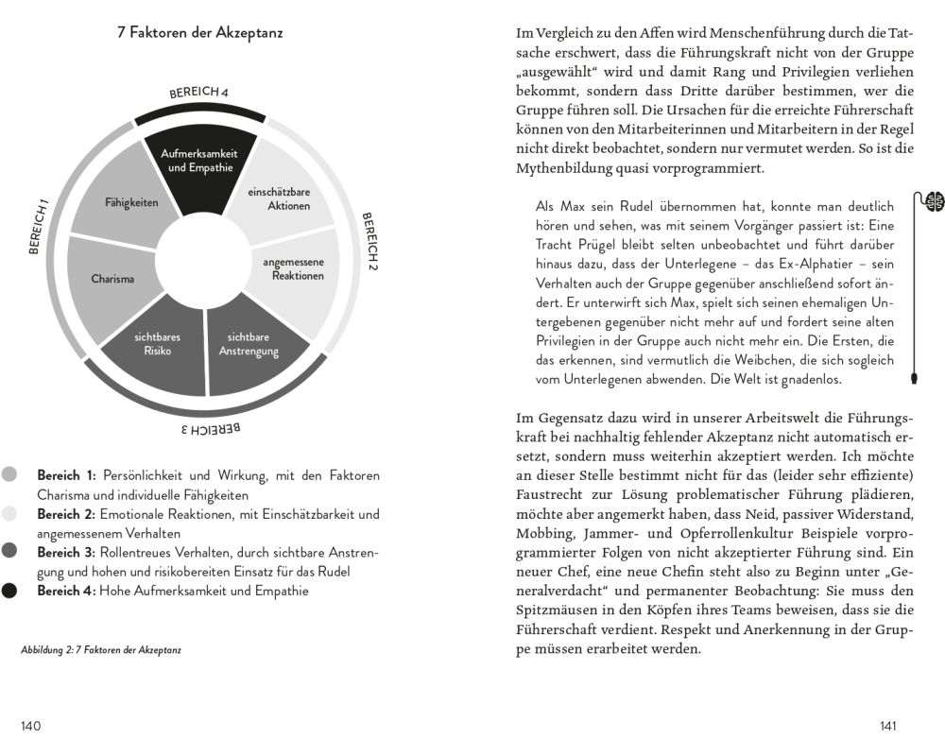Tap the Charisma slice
coord(112,279)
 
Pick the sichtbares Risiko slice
coord(157,344)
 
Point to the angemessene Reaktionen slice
coord(293,269)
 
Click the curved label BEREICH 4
coord(199,93)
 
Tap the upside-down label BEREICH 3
coord(211,430)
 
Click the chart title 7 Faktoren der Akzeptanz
coord(199,33)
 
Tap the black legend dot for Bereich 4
coord(9,592)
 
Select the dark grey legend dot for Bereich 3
coord(9,552)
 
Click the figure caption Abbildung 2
coord(100,650)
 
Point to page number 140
coord(31,726)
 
